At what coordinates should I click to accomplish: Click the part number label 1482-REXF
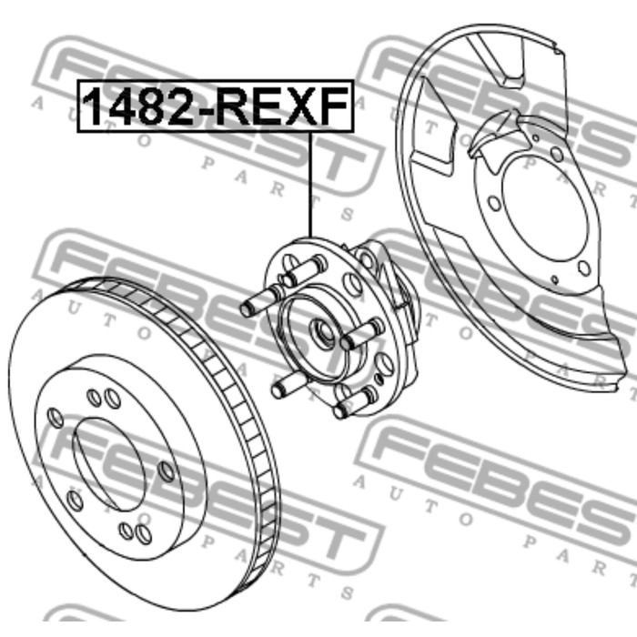216,106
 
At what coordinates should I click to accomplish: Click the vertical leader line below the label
311,185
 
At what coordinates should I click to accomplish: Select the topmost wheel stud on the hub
305,269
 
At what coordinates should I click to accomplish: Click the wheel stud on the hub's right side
362,333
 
